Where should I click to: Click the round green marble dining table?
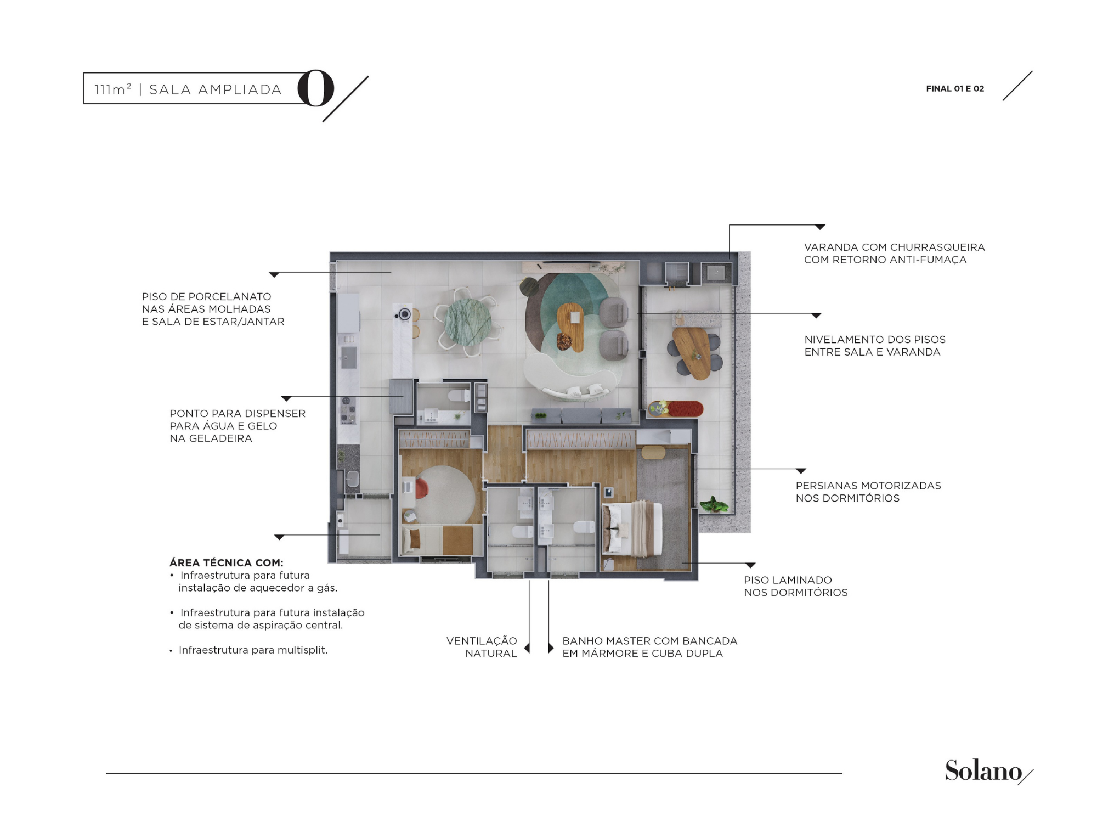tap(468, 322)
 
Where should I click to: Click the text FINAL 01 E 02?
tap(955, 88)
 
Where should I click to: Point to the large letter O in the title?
tap(316, 88)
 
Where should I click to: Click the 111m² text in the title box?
tap(113, 89)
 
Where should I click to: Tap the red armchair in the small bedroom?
tap(421, 488)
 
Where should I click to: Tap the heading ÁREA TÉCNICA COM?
tap(227, 562)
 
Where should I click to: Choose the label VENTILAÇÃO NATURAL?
tap(482, 647)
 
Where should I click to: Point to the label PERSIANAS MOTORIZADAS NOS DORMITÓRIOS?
tap(868, 492)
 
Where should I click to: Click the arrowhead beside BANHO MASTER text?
tap(551, 648)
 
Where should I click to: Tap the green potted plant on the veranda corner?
tap(714, 504)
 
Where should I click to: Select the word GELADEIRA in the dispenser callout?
tap(220, 438)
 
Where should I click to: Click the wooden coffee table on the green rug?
tap(571, 327)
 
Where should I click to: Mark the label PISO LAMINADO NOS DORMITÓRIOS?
tap(796, 586)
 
